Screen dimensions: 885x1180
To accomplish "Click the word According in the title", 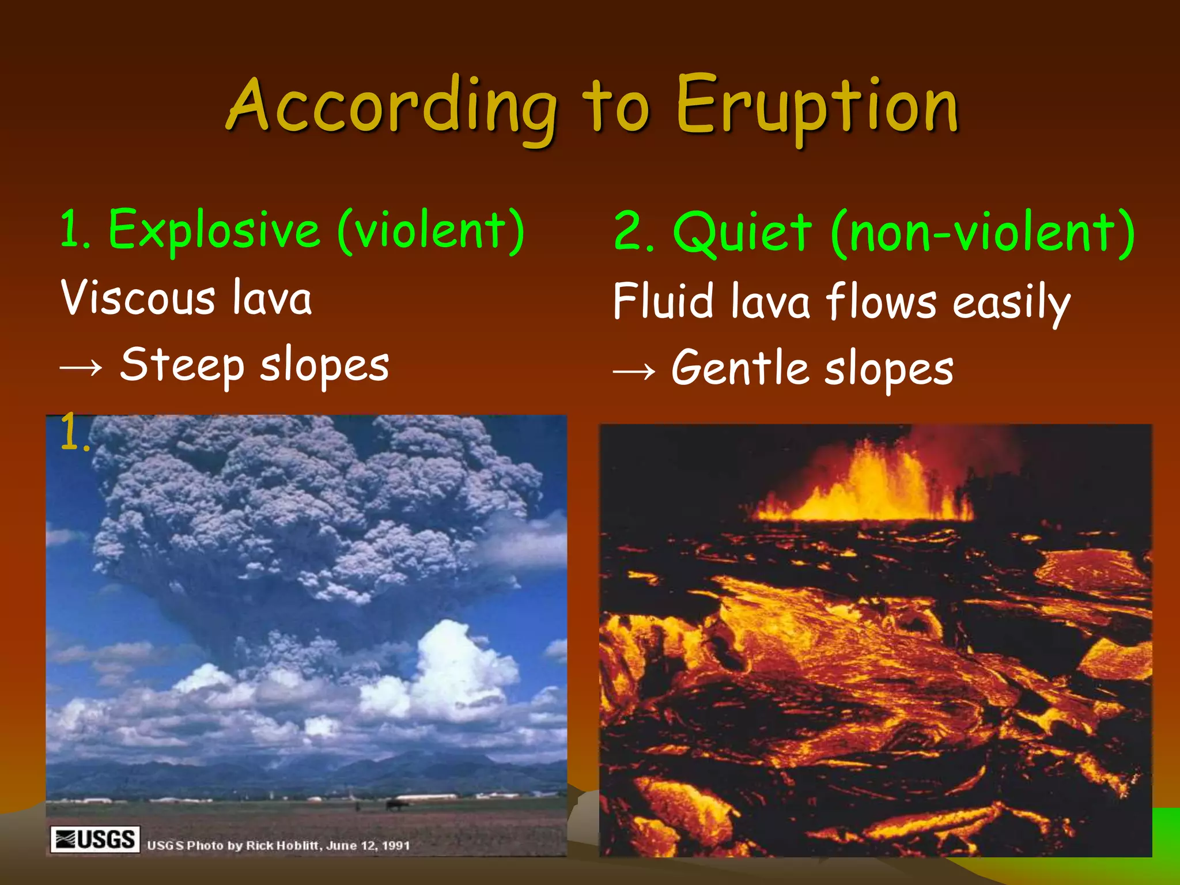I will pyautogui.click(x=392, y=107).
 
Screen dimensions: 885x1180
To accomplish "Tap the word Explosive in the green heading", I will pyautogui.click(x=214, y=230).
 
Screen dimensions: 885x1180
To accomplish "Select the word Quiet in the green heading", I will pyautogui.click(x=742, y=233).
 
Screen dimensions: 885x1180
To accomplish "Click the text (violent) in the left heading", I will pyautogui.click(x=431, y=230).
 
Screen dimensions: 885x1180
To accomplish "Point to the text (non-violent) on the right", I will pyautogui.click(x=983, y=233).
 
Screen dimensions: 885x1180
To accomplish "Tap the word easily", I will pyautogui.click(x=1011, y=303).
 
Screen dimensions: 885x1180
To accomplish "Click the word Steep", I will pyautogui.click(x=182, y=366).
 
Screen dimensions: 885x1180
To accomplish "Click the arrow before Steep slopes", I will pyautogui.click(x=81, y=368).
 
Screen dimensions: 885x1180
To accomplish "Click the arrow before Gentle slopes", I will pyautogui.click(x=634, y=370).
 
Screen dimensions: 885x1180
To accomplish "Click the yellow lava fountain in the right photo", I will pyautogui.click(x=864, y=490).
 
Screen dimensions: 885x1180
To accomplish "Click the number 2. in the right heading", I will pyautogui.click(x=633, y=233).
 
